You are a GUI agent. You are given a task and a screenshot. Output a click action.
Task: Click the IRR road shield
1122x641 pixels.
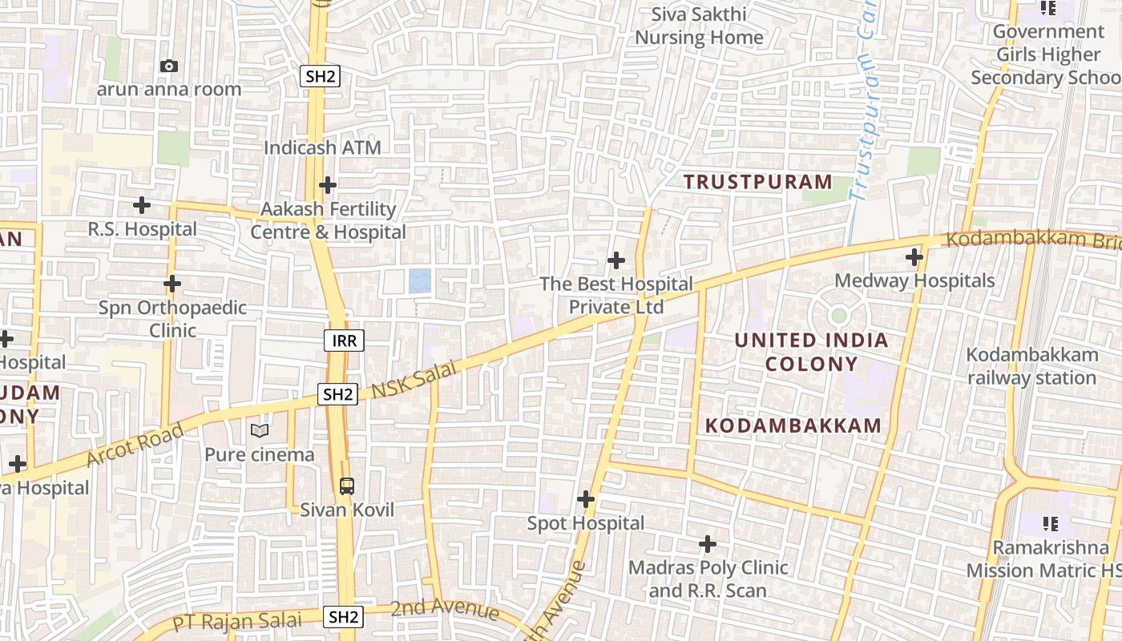tap(344, 341)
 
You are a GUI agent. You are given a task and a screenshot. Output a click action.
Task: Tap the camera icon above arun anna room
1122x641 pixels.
tap(168, 66)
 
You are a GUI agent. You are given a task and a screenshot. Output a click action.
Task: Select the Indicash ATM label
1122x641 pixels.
tap(322, 148)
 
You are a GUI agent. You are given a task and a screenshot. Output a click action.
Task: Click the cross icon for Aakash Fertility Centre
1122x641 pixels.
tap(327, 185)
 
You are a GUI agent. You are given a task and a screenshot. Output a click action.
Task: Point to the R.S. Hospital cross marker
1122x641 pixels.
tap(142, 205)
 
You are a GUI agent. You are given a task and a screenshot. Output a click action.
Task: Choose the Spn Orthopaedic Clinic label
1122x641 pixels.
tap(172, 319)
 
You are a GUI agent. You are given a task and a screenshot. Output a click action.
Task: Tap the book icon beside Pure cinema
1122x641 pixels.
tap(259, 431)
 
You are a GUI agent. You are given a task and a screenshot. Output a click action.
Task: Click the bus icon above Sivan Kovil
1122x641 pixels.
tap(346, 486)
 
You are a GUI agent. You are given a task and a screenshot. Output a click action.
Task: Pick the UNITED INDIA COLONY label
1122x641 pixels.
tap(811, 352)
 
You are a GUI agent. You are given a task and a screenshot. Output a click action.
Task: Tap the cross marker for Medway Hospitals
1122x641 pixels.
tap(914, 258)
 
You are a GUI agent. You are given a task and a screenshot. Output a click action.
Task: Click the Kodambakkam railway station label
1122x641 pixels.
tap(1032, 366)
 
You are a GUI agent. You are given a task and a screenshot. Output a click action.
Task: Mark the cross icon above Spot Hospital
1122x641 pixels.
tap(586, 500)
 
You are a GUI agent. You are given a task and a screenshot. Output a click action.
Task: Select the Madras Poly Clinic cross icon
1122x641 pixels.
tap(707, 545)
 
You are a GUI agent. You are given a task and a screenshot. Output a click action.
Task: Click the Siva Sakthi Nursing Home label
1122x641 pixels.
tap(699, 26)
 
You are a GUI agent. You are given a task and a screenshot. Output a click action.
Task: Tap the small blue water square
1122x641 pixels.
tap(419, 281)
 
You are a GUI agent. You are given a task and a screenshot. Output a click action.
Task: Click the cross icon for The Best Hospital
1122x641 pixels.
tap(615, 260)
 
